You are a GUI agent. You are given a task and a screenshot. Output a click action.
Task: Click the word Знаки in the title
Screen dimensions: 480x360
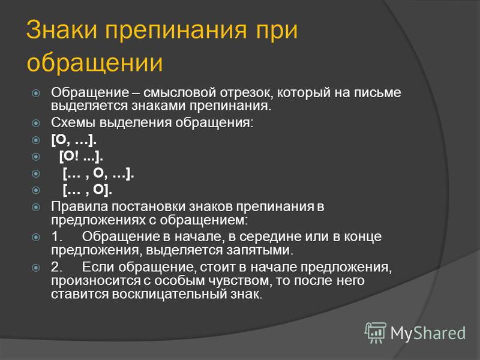(62, 29)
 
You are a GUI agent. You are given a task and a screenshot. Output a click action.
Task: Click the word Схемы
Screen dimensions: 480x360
(73, 122)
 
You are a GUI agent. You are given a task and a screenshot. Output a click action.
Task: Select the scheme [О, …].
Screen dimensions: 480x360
(74, 140)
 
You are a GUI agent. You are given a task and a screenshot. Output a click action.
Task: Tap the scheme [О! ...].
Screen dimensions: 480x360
(81, 157)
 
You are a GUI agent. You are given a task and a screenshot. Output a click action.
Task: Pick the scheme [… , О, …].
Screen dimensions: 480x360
(98, 173)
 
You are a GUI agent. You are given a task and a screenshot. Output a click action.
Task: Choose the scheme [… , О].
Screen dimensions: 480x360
(87, 190)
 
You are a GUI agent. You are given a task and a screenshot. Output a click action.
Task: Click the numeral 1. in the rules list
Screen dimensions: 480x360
(56, 236)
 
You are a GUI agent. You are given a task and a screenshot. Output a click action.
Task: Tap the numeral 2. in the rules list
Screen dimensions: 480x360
(56, 267)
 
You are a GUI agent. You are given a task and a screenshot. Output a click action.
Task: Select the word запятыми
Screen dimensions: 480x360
(260, 250)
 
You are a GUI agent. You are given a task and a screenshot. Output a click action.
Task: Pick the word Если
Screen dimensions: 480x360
(98, 267)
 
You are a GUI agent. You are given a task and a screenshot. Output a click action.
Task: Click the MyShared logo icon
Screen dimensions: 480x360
(375, 332)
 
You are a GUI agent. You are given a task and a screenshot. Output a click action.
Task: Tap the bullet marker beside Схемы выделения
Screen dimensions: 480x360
(36, 123)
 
